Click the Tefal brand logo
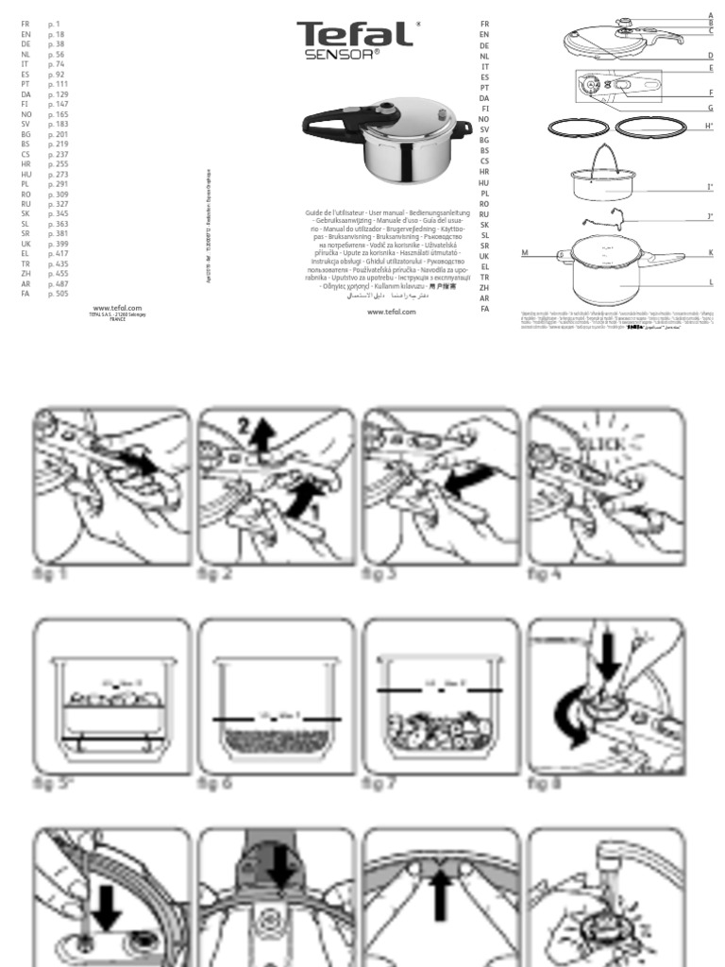(x=355, y=35)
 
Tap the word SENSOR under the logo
(x=342, y=55)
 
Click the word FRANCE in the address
(x=118, y=320)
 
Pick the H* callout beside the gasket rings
(x=709, y=126)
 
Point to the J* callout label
(x=709, y=216)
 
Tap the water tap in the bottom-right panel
(x=614, y=855)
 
